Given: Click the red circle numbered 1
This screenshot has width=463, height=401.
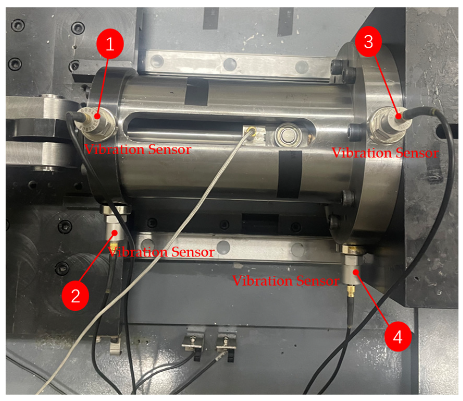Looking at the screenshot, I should coord(110,44).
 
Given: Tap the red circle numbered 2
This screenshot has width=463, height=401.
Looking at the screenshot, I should coord(76,296).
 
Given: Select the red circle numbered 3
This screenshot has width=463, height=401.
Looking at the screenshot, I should coord(368,42).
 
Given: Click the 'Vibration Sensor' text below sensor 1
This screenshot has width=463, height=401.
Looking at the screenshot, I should coord(138,150).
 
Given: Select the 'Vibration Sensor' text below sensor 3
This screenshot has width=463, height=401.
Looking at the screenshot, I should coord(385,153).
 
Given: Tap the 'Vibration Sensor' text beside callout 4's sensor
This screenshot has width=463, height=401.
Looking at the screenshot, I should coord(286,281).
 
